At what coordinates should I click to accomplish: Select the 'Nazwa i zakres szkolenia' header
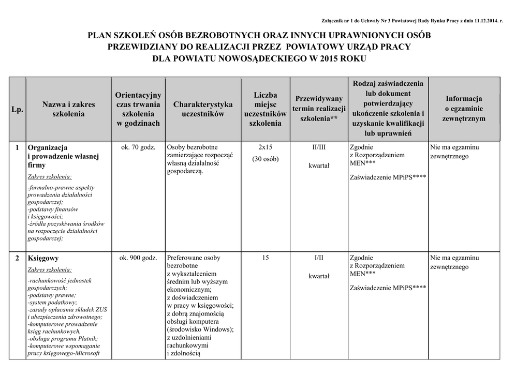[x=69, y=109]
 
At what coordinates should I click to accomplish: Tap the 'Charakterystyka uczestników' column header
[x=203, y=109]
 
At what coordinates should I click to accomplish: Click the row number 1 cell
[x=17, y=147]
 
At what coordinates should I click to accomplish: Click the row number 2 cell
[x=17, y=258]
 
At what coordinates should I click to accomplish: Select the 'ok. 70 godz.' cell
[x=138, y=147]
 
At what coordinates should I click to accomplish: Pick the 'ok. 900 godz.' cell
[x=138, y=258]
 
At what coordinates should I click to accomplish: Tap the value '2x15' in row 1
[x=265, y=147]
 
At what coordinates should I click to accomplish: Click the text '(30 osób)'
[x=265, y=159]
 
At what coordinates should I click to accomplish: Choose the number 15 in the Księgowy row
[x=265, y=258]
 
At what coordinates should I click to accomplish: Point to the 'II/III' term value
[x=319, y=147]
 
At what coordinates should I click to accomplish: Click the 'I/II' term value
[x=319, y=258]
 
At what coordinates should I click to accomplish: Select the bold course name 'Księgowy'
[x=43, y=258]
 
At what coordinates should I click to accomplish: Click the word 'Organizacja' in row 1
[x=48, y=147]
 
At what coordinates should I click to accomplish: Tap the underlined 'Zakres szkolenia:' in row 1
[x=50, y=176]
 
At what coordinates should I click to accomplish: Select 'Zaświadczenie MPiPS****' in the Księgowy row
[x=388, y=288]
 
